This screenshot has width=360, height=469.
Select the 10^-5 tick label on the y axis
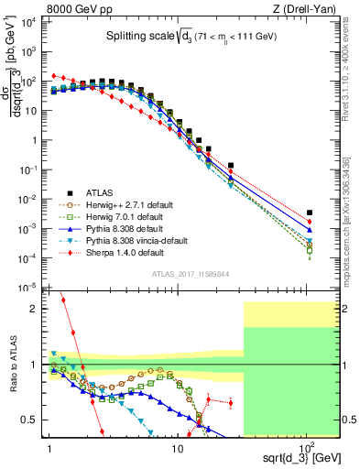pos(30,289)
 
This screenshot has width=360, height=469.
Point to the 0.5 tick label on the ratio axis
pos(34,420)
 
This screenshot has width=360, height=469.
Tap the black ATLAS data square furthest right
pos(310,213)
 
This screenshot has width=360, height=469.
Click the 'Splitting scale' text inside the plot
pos(136,38)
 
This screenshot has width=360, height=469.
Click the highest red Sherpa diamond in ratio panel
pos(63,300)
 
